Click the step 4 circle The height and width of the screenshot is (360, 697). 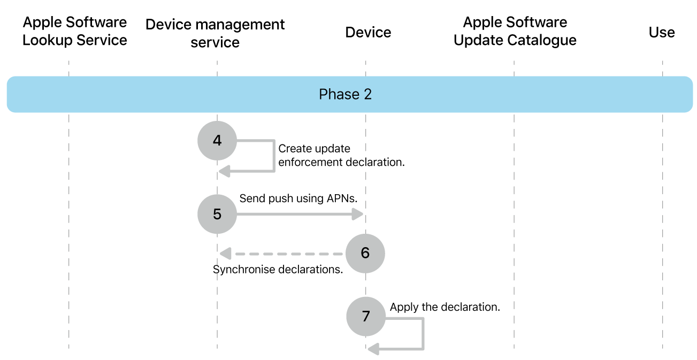coord(217,141)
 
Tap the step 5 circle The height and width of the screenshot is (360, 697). coord(217,214)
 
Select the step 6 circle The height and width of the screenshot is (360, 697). coord(365,253)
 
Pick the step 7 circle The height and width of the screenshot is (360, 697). coord(366,316)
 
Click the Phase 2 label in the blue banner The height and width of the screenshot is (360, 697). coord(345,95)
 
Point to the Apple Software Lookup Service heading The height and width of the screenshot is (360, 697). coord(75,31)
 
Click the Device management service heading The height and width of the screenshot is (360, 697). coord(215,33)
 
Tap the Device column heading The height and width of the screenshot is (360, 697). coord(368,33)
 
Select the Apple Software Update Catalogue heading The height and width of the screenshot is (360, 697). coord(515,31)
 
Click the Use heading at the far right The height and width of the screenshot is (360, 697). coord(662,33)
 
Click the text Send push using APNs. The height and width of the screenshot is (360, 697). coord(298,198)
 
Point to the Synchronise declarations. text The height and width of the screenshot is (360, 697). coord(278,270)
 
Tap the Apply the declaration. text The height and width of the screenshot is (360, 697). coord(445,307)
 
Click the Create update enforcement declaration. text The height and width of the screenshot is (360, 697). coord(341,155)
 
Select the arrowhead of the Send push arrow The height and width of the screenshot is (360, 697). coord(358,214)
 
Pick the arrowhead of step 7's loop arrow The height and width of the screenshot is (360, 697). coord(373,349)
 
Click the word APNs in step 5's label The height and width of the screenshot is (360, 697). coord(342,198)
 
